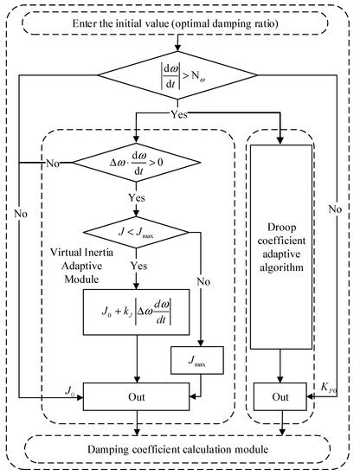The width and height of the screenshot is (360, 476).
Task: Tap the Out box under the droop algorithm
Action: [280, 397]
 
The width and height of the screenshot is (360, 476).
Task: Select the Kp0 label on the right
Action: [326, 390]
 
